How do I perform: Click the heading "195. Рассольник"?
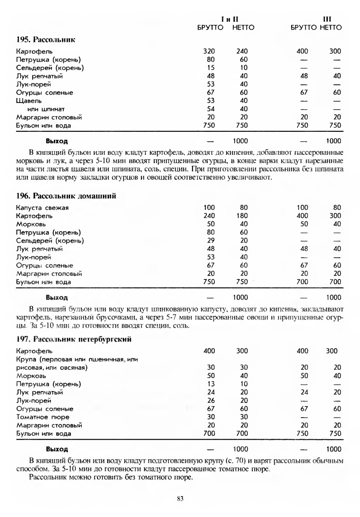[46, 40]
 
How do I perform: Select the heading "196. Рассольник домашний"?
[66, 195]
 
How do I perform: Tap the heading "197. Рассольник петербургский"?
[74, 339]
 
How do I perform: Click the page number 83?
[180, 499]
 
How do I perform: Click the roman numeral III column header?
[327, 19]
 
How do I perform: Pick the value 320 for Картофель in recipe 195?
[208, 51]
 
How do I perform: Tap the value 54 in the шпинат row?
[210, 109]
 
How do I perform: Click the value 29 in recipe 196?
[210, 240]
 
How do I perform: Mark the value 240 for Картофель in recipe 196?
[208, 216]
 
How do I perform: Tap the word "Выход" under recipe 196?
[57, 297]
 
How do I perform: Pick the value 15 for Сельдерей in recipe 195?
[210, 68]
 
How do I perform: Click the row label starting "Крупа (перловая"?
[77, 359]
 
